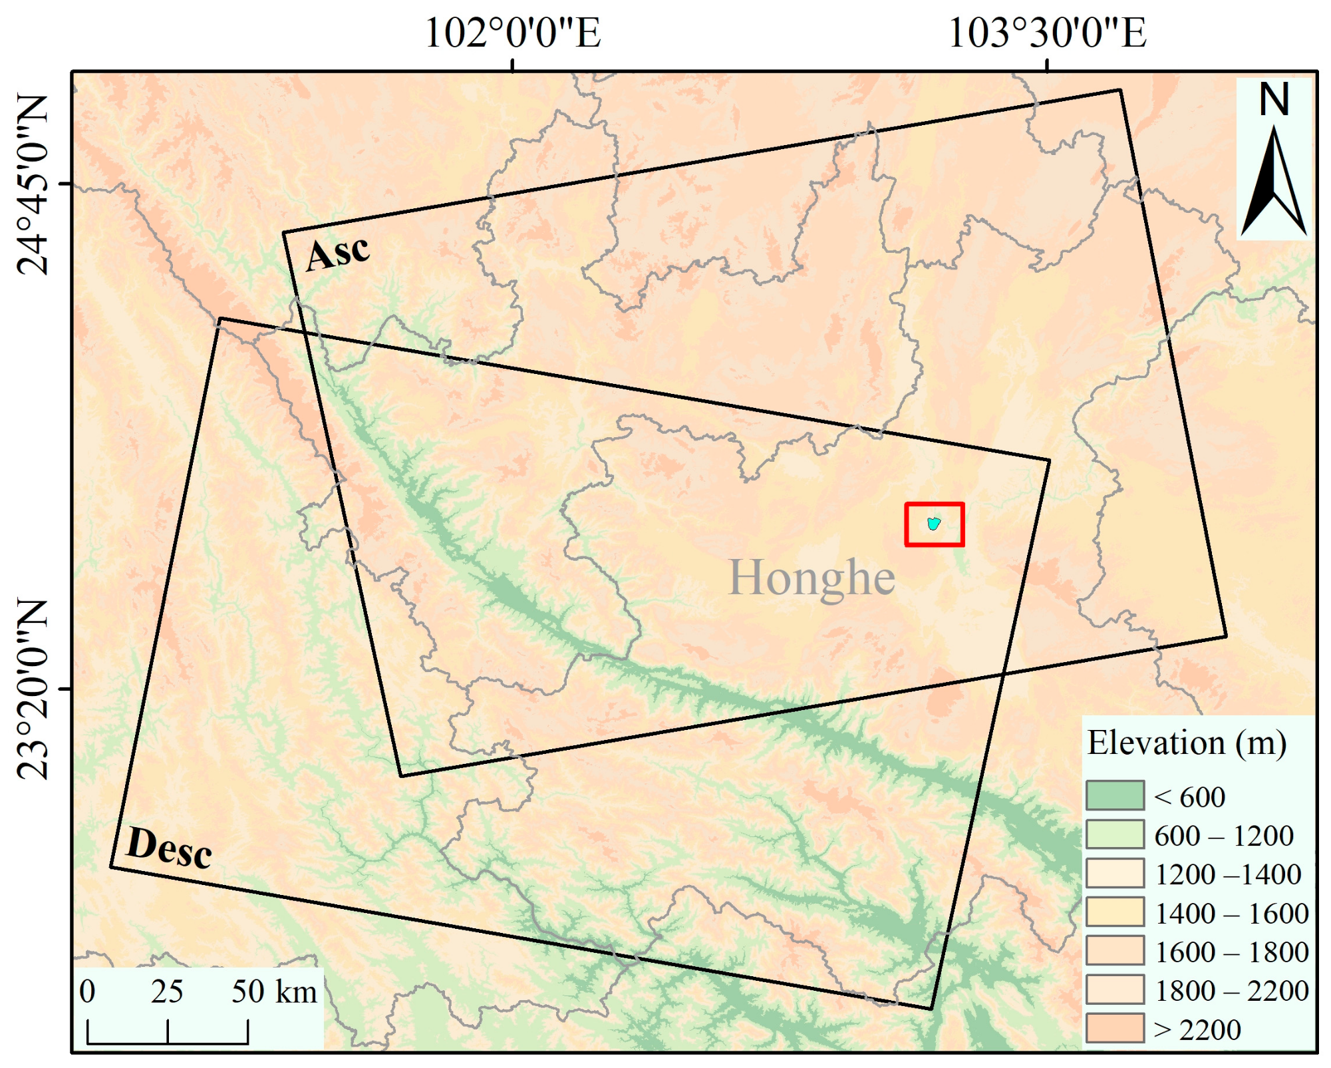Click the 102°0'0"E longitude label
click(x=512, y=33)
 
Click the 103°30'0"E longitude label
click(x=1047, y=33)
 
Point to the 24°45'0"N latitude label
click(x=32, y=184)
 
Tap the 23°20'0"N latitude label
click(x=32, y=689)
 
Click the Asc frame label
click(x=337, y=254)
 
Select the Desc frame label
click(x=169, y=848)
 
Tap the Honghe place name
click(x=812, y=578)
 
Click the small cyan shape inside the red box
click(x=934, y=524)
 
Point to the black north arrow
click(x=1274, y=183)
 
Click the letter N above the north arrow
click(x=1274, y=100)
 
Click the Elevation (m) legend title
click(x=1187, y=743)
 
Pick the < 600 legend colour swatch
click(x=1115, y=795)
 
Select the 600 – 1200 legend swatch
click(x=1115, y=834)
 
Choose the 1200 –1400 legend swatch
click(x=1115, y=873)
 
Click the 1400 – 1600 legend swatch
click(x=1115, y=912)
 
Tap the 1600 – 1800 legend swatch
click(x=1115, y=950)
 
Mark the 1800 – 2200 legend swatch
click(x=1115, y=989)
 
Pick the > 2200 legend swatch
click(x=1115, y=1028)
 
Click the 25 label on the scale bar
click(x=166, y=992)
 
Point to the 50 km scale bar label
click(x=273, y=992)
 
